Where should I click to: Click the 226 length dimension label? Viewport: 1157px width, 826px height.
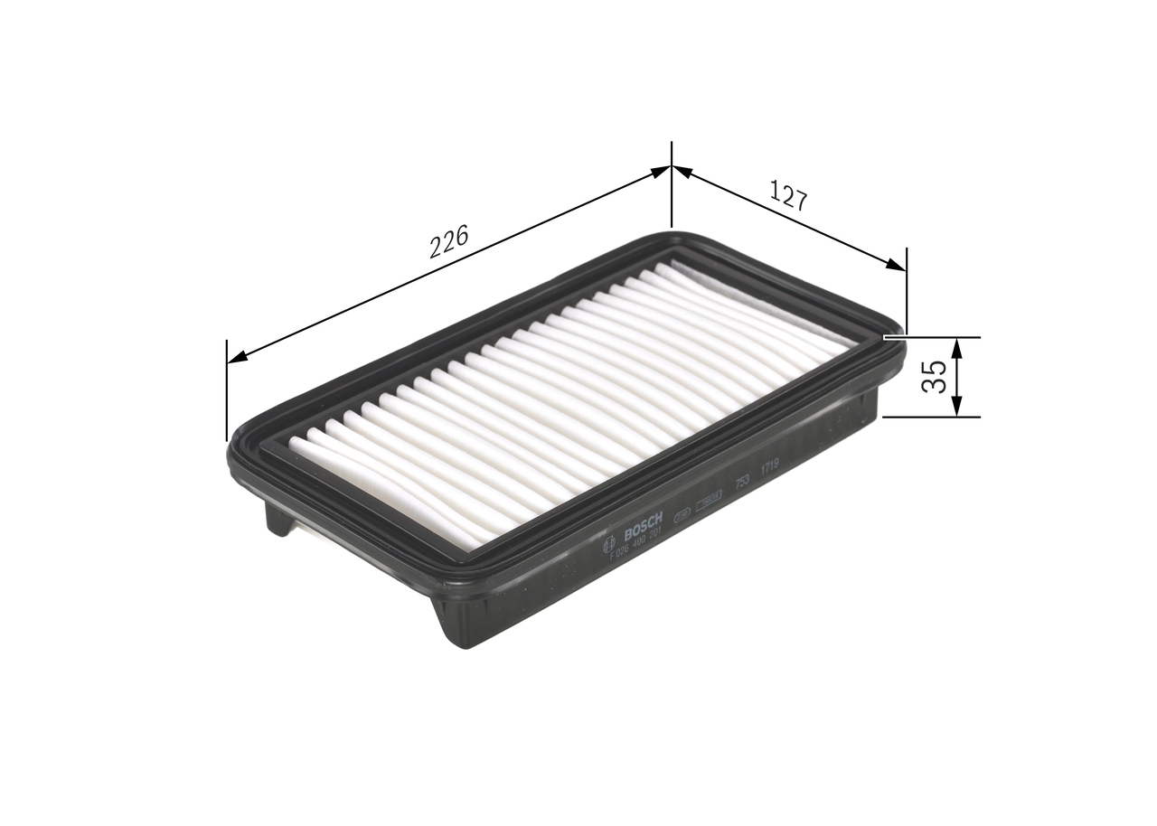448,241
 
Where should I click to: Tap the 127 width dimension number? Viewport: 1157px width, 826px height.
787,195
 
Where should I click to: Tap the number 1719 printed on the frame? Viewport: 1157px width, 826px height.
770,466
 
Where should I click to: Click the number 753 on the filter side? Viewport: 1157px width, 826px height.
741,480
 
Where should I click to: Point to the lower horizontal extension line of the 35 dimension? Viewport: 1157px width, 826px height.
931,418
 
